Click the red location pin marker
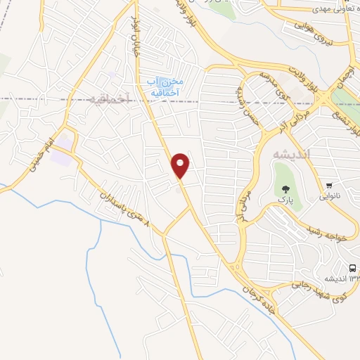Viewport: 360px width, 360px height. pos(181,165)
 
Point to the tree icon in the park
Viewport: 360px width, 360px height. pos(285,188)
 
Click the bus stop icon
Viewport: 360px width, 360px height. pos(353,266)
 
